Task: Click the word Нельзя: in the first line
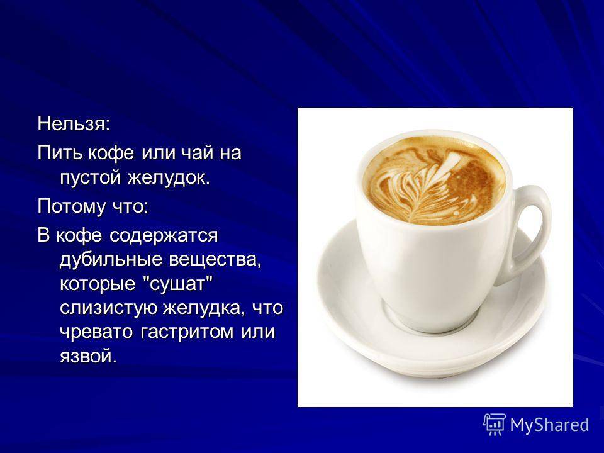tap(74, 124)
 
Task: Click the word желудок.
tap(169, 177)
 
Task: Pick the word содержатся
tap(164, 236)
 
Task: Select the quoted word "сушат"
tap(176, 284)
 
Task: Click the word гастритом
tap(187, 332)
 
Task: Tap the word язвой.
tap(88, 356)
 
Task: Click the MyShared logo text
tap(550, 425)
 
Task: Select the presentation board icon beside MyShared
tap(495, 425)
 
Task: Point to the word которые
tap(98, 284)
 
